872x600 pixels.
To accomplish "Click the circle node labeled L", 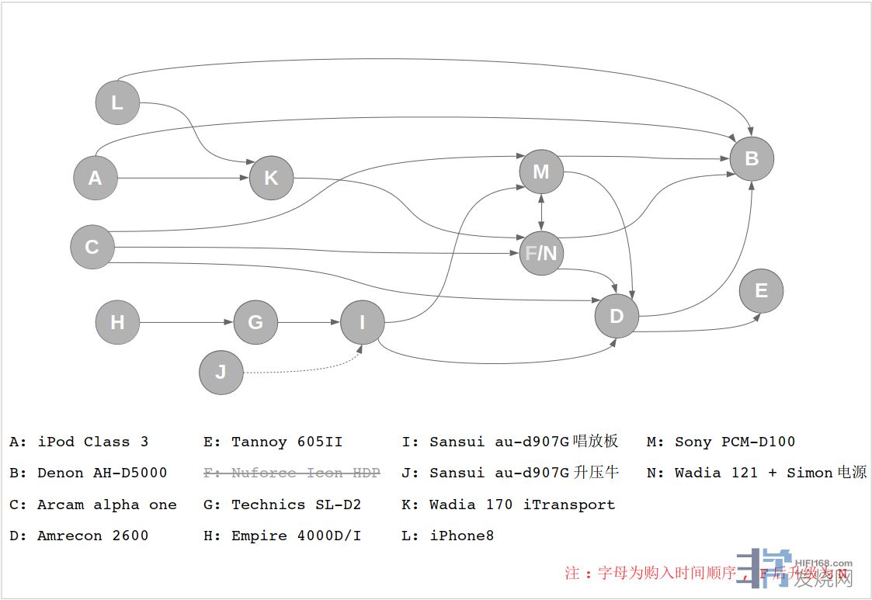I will [x=117, y=102].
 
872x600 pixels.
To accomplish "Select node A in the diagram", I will [x=95, y=178].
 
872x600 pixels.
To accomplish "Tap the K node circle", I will [x=271, y=178].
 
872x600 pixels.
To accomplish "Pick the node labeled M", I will [x=541, y=172].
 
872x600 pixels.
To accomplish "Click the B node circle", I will [x=752, y=158].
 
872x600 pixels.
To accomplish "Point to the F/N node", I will [x=541, y=253].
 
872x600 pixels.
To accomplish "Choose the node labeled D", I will [x=617, y=316].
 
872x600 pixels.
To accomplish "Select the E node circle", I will [x=761, y=291].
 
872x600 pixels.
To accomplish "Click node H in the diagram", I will [x=117, y=322].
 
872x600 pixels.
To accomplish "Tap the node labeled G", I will [x=255, y=322].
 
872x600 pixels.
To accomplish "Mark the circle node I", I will [x=362, y=322].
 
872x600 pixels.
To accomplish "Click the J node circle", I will [x=221, y=372].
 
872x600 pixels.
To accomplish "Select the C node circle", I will [x=92, y=247].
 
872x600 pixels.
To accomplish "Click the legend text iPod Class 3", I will [x=92, y=442].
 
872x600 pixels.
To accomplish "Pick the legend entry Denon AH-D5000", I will [x=102, y=473].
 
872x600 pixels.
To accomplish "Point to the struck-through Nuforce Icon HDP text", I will [x=305, y=473].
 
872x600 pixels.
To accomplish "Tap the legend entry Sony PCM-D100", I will [x=735, y=442].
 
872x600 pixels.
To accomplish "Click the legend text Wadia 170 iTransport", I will [x=522, y=505].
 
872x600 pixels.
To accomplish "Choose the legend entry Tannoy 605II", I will [x=287, y=442].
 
